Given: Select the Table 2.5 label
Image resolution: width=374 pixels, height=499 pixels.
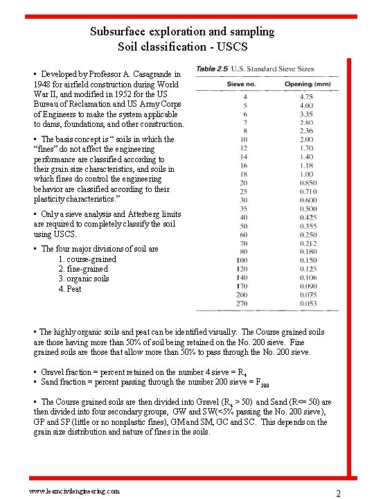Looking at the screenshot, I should [x=214, y=69].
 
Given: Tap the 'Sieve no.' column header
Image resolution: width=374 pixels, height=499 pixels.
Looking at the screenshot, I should [x=242, y=84].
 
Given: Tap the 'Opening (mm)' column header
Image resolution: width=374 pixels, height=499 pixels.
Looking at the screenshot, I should [x=308, y=84].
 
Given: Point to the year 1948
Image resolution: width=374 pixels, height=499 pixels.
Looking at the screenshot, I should [x=43, y=85].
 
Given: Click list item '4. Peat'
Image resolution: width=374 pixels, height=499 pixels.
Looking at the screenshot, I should [x=70, y=289].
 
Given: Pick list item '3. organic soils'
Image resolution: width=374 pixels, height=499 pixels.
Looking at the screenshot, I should [x=84, y=279].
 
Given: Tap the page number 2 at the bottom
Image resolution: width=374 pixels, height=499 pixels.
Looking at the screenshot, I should [x=338, y=493].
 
